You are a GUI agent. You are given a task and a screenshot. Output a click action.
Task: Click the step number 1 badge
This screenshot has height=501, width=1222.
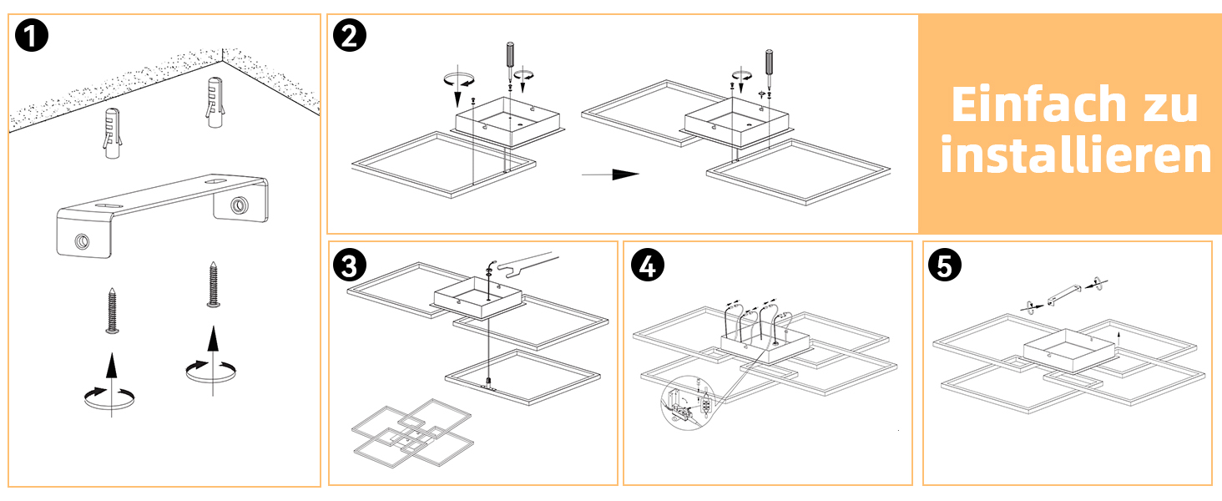[32, 36]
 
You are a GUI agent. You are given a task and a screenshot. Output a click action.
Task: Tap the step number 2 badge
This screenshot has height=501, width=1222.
[350, 36]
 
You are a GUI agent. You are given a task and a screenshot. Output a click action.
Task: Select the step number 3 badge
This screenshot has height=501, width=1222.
[350, 266]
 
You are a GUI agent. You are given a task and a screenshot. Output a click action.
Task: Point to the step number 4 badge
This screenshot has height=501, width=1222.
[648, 266]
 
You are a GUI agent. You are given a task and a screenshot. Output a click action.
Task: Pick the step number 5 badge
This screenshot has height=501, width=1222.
[945, 266]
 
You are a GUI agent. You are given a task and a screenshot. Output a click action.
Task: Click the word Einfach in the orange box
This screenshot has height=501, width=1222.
[1039, 104]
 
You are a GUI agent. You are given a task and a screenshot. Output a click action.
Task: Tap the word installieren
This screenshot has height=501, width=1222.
[1076, 154]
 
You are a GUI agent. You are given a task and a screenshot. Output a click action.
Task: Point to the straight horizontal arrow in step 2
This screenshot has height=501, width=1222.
[610, 175]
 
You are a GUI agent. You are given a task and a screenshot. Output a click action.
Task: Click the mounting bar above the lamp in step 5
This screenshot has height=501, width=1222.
[1064, 295]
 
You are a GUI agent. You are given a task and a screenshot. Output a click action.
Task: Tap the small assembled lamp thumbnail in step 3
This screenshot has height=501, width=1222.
[413, 433]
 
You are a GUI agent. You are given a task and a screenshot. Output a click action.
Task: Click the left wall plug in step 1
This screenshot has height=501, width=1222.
[113, 133]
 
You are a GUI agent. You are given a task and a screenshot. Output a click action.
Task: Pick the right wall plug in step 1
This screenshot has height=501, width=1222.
[215, 103]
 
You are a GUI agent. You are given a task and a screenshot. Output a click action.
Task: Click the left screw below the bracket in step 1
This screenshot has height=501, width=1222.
[113, 311]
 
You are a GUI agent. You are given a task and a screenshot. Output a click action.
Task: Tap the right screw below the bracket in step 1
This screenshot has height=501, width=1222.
[214, 285]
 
